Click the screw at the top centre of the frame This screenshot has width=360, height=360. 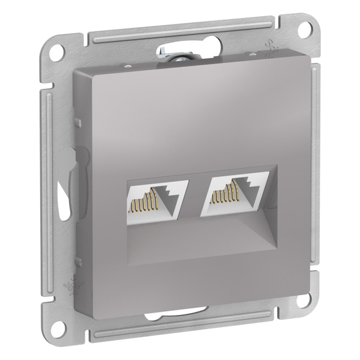tap(165, 55)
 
